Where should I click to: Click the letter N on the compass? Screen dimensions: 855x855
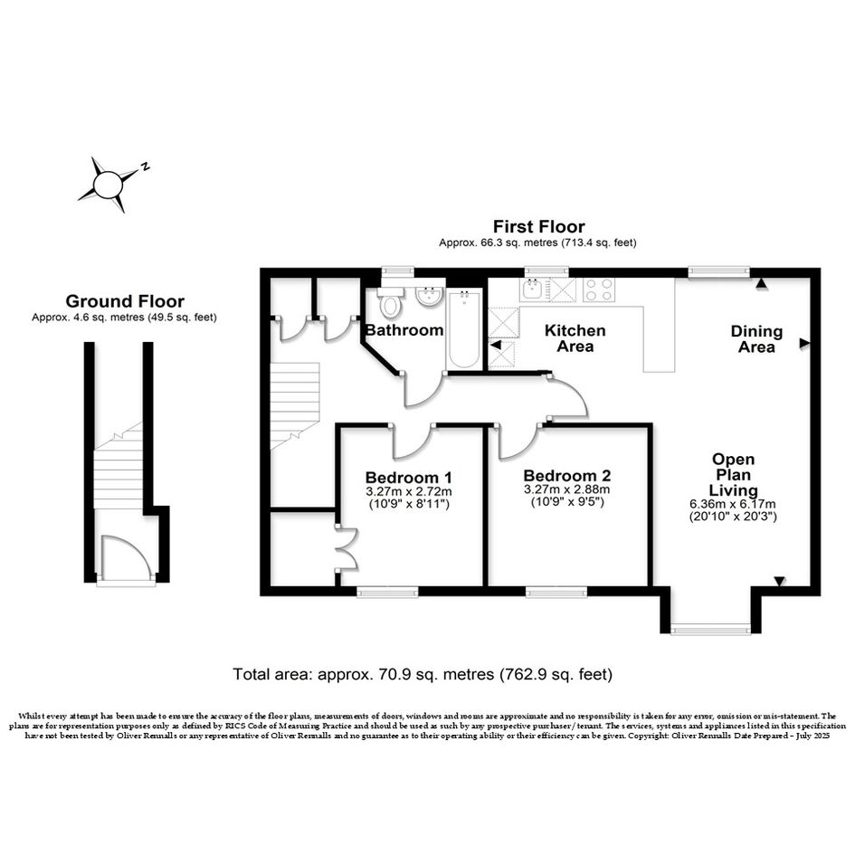tap(145, 166)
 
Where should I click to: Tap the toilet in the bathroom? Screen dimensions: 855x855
tap(391, 301)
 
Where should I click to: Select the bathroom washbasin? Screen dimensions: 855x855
tap(429, 296)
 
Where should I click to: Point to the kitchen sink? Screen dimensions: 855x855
tap(532, 290)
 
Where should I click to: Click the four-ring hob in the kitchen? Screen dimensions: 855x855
tap(599, 290)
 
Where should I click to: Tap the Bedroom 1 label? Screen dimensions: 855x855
tap(408, 478)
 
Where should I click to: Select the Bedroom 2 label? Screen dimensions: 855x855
tap(567, 476)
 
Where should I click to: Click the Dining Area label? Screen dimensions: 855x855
tap(756, 338)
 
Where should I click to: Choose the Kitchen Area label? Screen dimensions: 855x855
tap(575, 338)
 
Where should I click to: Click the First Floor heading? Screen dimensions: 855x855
tap(538, 226)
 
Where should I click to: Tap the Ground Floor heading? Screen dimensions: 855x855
tap(125, 301)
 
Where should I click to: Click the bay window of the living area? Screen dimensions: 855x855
tap(710, 631)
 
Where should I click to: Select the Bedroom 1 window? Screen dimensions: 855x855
tap(387, 592)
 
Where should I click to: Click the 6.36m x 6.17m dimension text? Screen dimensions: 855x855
tap(733, 504)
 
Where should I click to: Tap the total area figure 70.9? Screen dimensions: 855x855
tap(392, 675)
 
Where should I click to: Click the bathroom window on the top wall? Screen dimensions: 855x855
tap(397, 270)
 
